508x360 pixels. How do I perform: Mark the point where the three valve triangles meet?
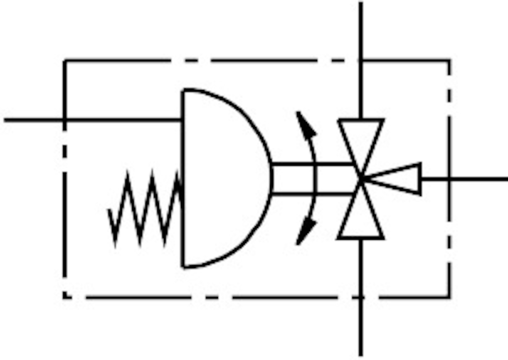361,178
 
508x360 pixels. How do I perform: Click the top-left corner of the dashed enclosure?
65,61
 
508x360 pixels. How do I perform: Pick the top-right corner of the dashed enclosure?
450,61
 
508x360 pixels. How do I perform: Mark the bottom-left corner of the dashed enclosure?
65,297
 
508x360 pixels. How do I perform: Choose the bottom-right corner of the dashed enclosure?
450,297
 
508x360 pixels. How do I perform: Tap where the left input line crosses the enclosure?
65,120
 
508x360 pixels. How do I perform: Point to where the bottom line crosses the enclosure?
361,297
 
